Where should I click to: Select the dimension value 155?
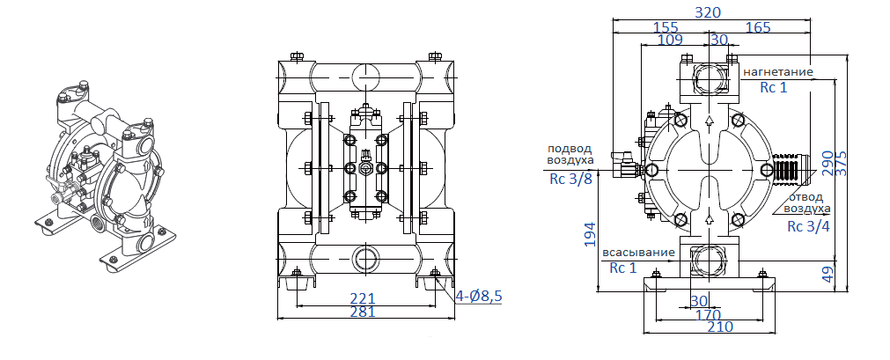666,27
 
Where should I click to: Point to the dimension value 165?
758,27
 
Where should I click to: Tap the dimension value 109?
670,40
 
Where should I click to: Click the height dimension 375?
842,161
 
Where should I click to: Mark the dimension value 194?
590,233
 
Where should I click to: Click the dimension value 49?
827,275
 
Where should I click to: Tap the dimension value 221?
363,298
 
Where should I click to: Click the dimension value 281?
363,312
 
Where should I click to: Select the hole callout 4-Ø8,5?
478,297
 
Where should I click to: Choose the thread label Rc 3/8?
570,180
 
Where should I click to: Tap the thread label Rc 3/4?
806,226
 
